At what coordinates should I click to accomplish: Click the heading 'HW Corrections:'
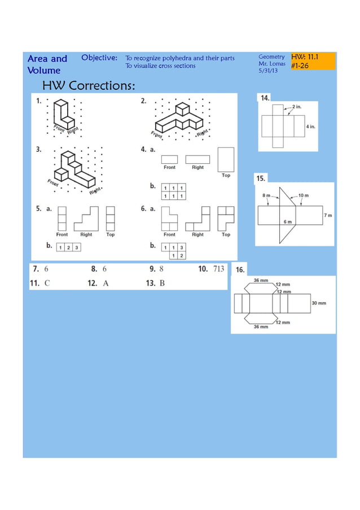(x=89, y=86)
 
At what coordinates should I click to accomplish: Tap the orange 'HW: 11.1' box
(x=313, y=61)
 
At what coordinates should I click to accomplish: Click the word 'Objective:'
(x=99, y=58)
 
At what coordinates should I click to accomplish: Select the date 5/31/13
(x=268, y=71)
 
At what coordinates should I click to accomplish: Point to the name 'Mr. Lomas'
(x=271, y=64)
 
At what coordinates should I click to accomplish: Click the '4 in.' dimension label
(x=310, y=127)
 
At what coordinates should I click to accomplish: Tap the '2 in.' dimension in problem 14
(x=297, y=106)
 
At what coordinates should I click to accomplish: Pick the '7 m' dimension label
(x=327, y=216)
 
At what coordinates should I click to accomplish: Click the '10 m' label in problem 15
(x=303, y=195)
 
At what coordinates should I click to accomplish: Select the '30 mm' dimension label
(x=319, y=303)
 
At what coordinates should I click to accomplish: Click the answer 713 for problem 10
(x=218, y=269)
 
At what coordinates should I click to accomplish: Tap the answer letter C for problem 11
(x=47, y=283)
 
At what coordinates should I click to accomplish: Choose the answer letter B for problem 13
(x=162, y=283)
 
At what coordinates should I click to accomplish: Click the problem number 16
(x=240, y=271)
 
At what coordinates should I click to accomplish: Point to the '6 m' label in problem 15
(x=287, y=221)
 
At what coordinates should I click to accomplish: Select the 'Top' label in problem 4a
(x=226, y=175)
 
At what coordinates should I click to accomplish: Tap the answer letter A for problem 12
(x=106, y=283)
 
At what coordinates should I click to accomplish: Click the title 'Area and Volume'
(x=47, y=64)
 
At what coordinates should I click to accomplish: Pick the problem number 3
(x=38, y=150)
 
